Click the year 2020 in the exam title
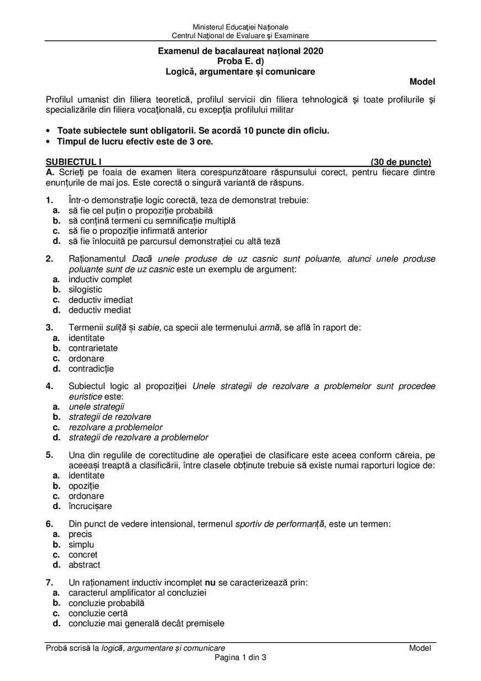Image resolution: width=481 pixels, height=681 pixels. (x=312, y=51)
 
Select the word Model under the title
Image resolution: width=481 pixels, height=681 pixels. (x=422, y=82)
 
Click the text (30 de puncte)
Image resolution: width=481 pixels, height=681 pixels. (x=400, y=162)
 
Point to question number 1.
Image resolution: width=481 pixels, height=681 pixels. (x=49, y=200)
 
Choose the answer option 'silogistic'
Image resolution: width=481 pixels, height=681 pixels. (x=85, y=289)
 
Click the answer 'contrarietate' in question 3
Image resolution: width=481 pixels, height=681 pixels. (x=93, y=348)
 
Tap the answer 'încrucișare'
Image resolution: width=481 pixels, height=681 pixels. (x=90, y=506)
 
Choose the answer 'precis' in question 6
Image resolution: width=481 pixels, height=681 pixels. (x=80, y=534)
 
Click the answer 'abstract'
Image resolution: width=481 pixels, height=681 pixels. (x=84, y=565)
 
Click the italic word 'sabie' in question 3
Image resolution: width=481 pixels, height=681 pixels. (x=148, y=327)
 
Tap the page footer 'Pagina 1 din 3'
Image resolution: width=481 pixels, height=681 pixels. (x=240, y=658)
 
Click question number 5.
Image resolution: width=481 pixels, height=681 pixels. (x=49, y=455)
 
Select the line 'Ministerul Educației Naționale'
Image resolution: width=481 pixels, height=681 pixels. (x=240, y=27)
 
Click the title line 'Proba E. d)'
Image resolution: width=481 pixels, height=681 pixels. (x=240, y=61)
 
